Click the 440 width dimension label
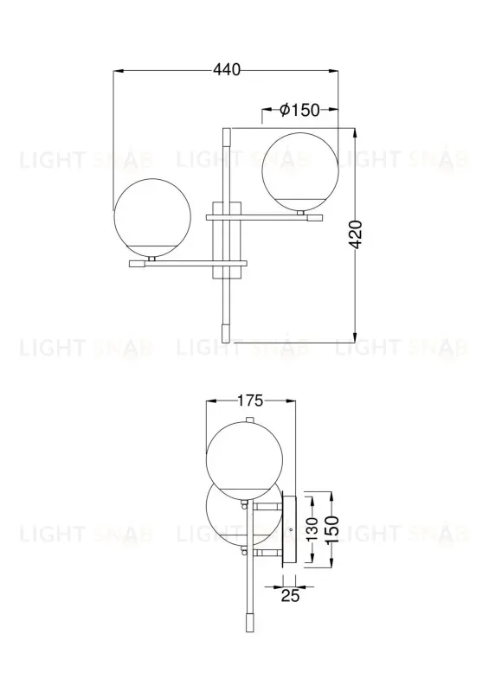[226, 70]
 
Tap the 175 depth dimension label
[250, 400]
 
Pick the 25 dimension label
[290, 595]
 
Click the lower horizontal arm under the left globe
[187, 263]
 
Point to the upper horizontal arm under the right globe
[260, 218]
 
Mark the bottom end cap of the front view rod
[227, 334]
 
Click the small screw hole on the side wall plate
[291, 528]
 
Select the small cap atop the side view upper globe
[249, 421]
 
